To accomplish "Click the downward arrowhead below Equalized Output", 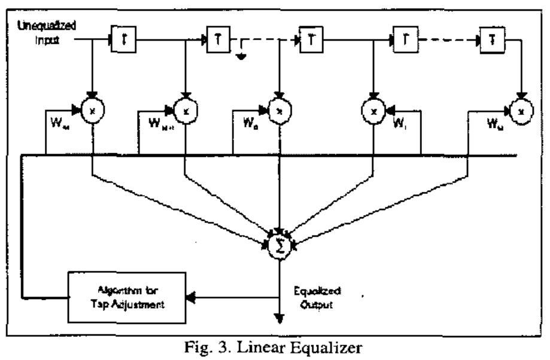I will click(278, 316).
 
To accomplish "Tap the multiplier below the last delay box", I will click(522, 112).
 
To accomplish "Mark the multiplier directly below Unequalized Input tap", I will click(92, 112).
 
